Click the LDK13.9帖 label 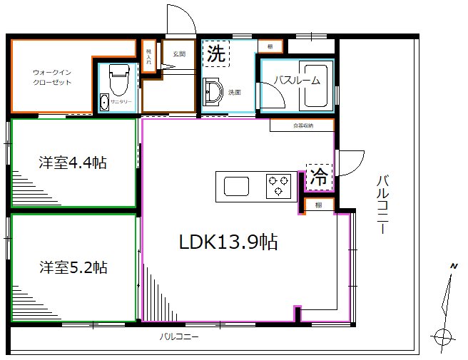[x=228, y=242]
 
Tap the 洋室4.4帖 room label [x=73, y=163]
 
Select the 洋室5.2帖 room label [x=73, y=268]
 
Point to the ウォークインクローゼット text [x=51, y=77]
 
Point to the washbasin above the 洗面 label [x=211, y=91]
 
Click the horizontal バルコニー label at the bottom [x=178, y=336]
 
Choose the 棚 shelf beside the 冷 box [x=318, y=205]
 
